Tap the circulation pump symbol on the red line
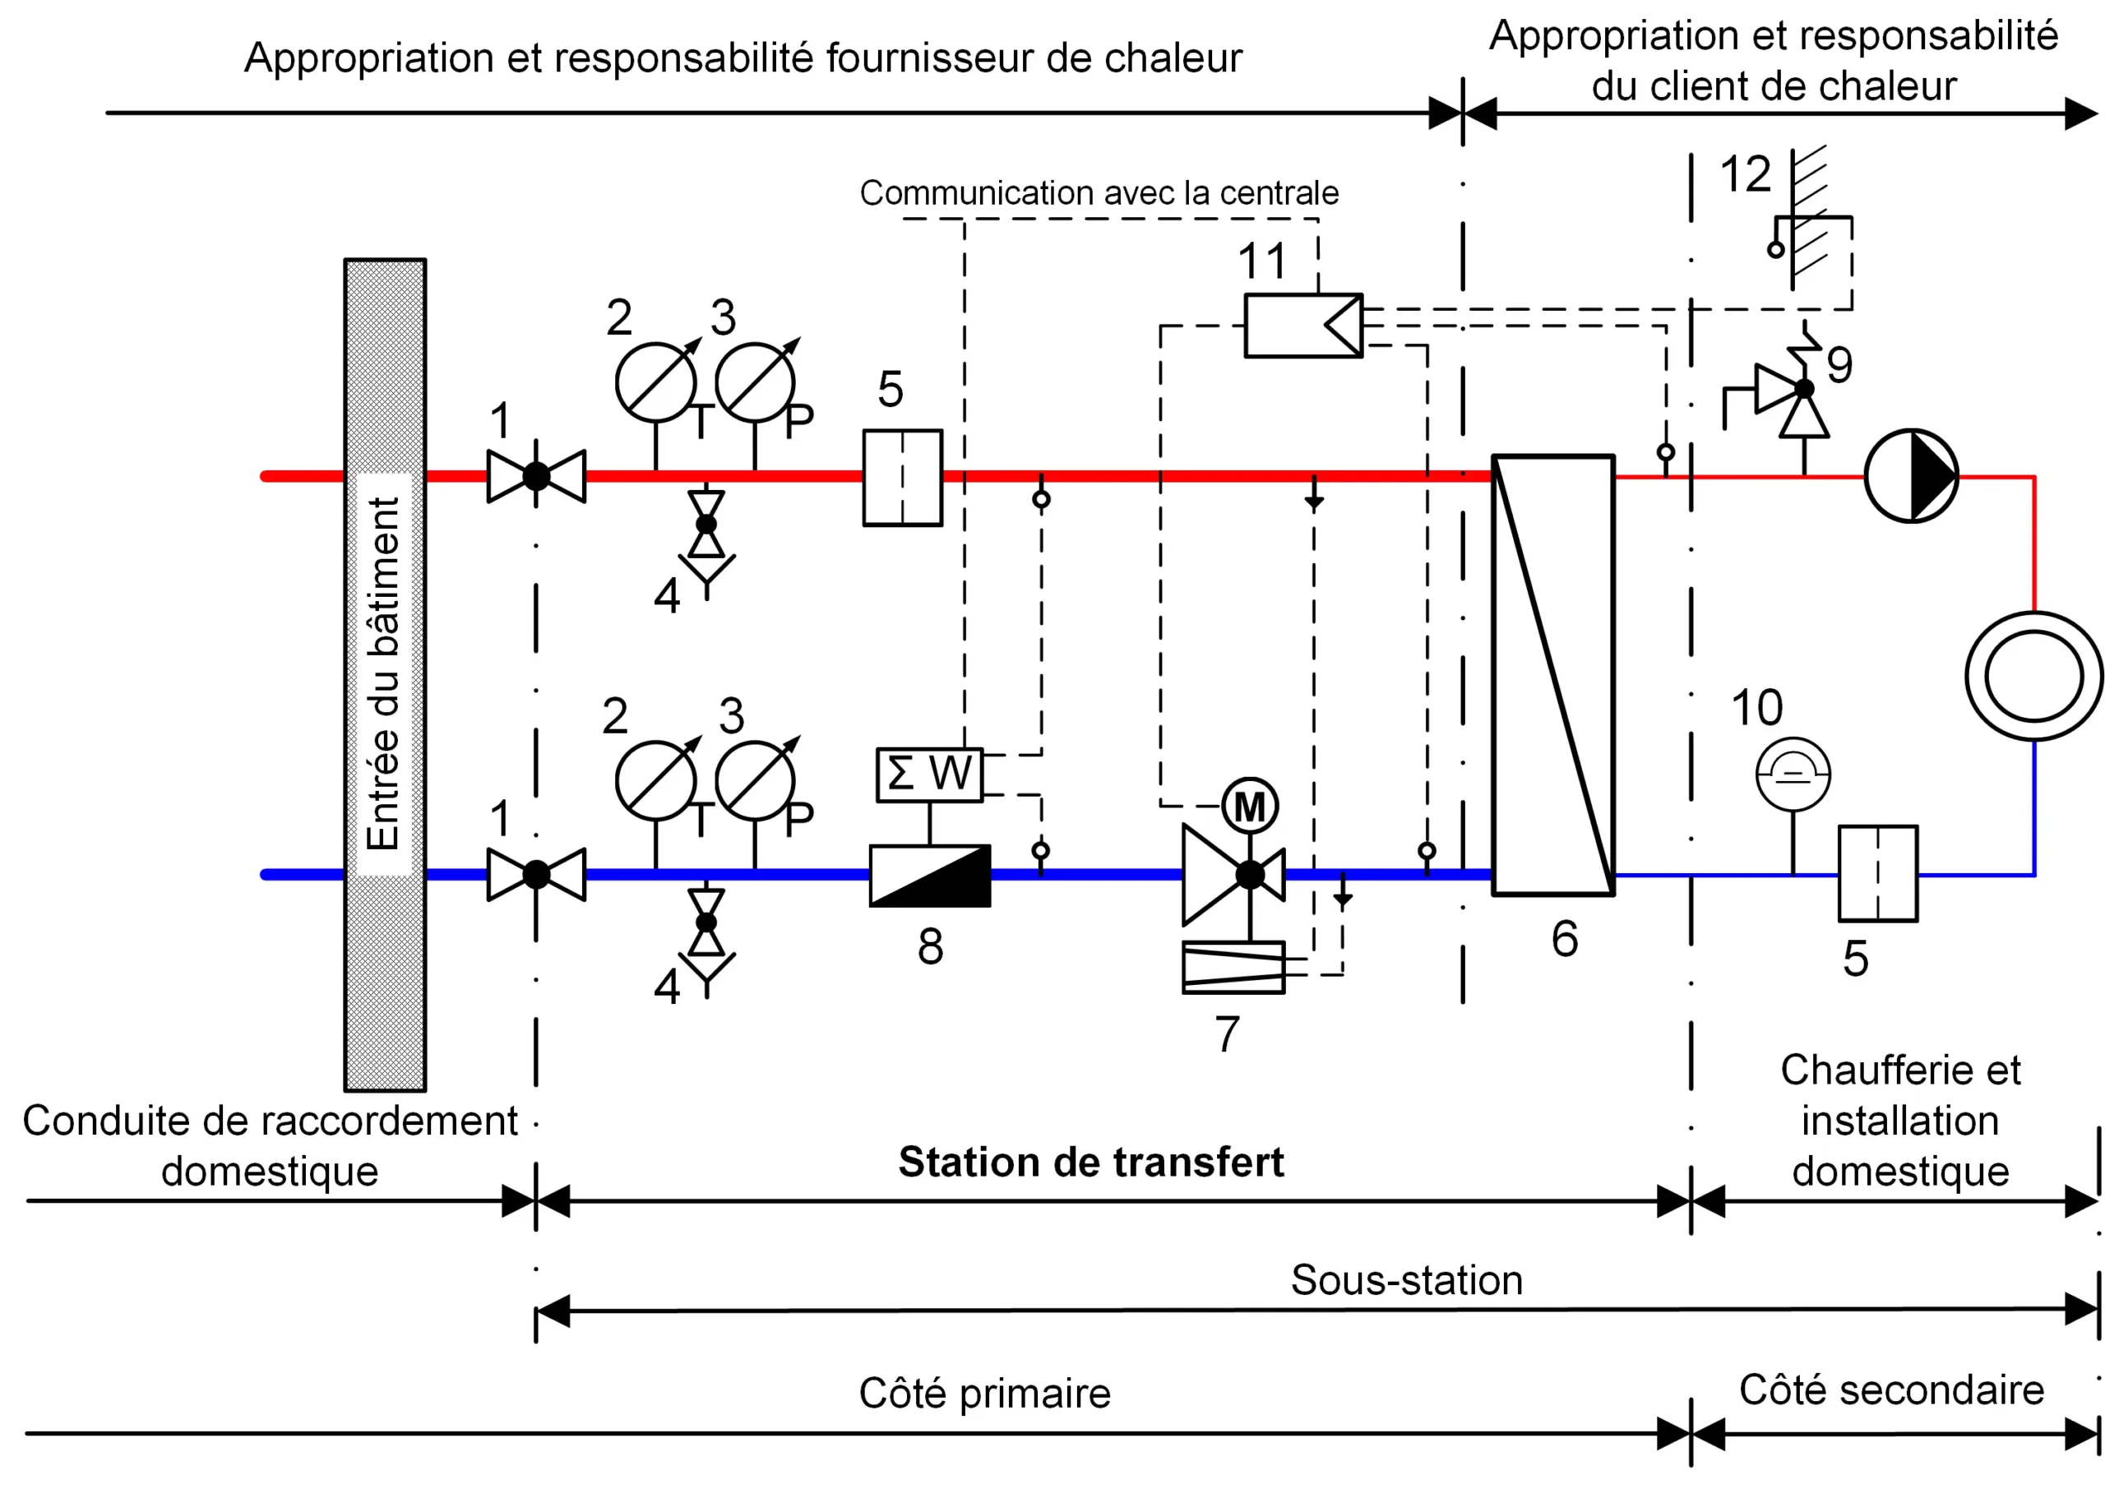click(1912, 476)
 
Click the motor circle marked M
click(1250, 807)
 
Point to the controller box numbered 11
click(1302, 326)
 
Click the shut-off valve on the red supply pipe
click(536, 476)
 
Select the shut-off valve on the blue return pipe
click(536, 875)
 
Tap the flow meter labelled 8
click(930, 876)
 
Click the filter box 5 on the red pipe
click(902, 478)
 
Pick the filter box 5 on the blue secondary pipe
click(1877, 874)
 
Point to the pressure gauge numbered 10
click(1793, 775)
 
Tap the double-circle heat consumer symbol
click(2034, 676)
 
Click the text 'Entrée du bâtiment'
click(384, 674)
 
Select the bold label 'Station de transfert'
click(1090, 1162)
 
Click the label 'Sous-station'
click(1406, 1280)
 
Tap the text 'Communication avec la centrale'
click(1099, 192)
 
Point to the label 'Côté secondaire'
click(1891, 1390)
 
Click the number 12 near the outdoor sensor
click(1745, 174)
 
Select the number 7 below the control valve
click(1227, 1034)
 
